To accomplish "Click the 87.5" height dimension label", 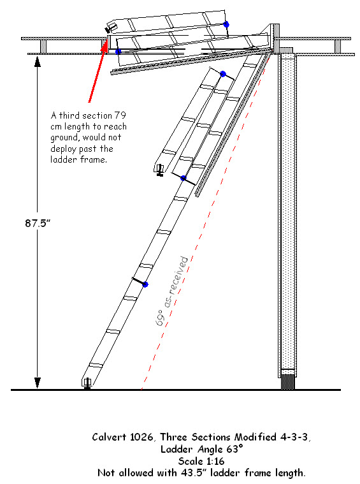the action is pos(38,223).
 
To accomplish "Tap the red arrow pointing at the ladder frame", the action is pos(98,70).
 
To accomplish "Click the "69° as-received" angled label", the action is pos(172,291).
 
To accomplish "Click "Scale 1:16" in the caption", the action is pos(201,461).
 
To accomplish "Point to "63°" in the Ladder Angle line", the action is pos(234,449).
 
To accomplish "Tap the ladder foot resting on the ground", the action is pos(87,383).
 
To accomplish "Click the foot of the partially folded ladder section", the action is pos(159,170).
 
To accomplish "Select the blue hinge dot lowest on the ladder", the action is pos(145,284).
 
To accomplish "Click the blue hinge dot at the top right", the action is pos(226,24).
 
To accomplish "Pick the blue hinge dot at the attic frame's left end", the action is pos(118,52).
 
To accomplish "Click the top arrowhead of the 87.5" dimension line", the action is pos(38,61).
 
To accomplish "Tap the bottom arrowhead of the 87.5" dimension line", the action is pos(38,383).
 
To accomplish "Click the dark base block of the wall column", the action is pos(288,382).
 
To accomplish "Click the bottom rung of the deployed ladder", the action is pos(96,365).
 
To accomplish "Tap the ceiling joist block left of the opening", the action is pos(43,47).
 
